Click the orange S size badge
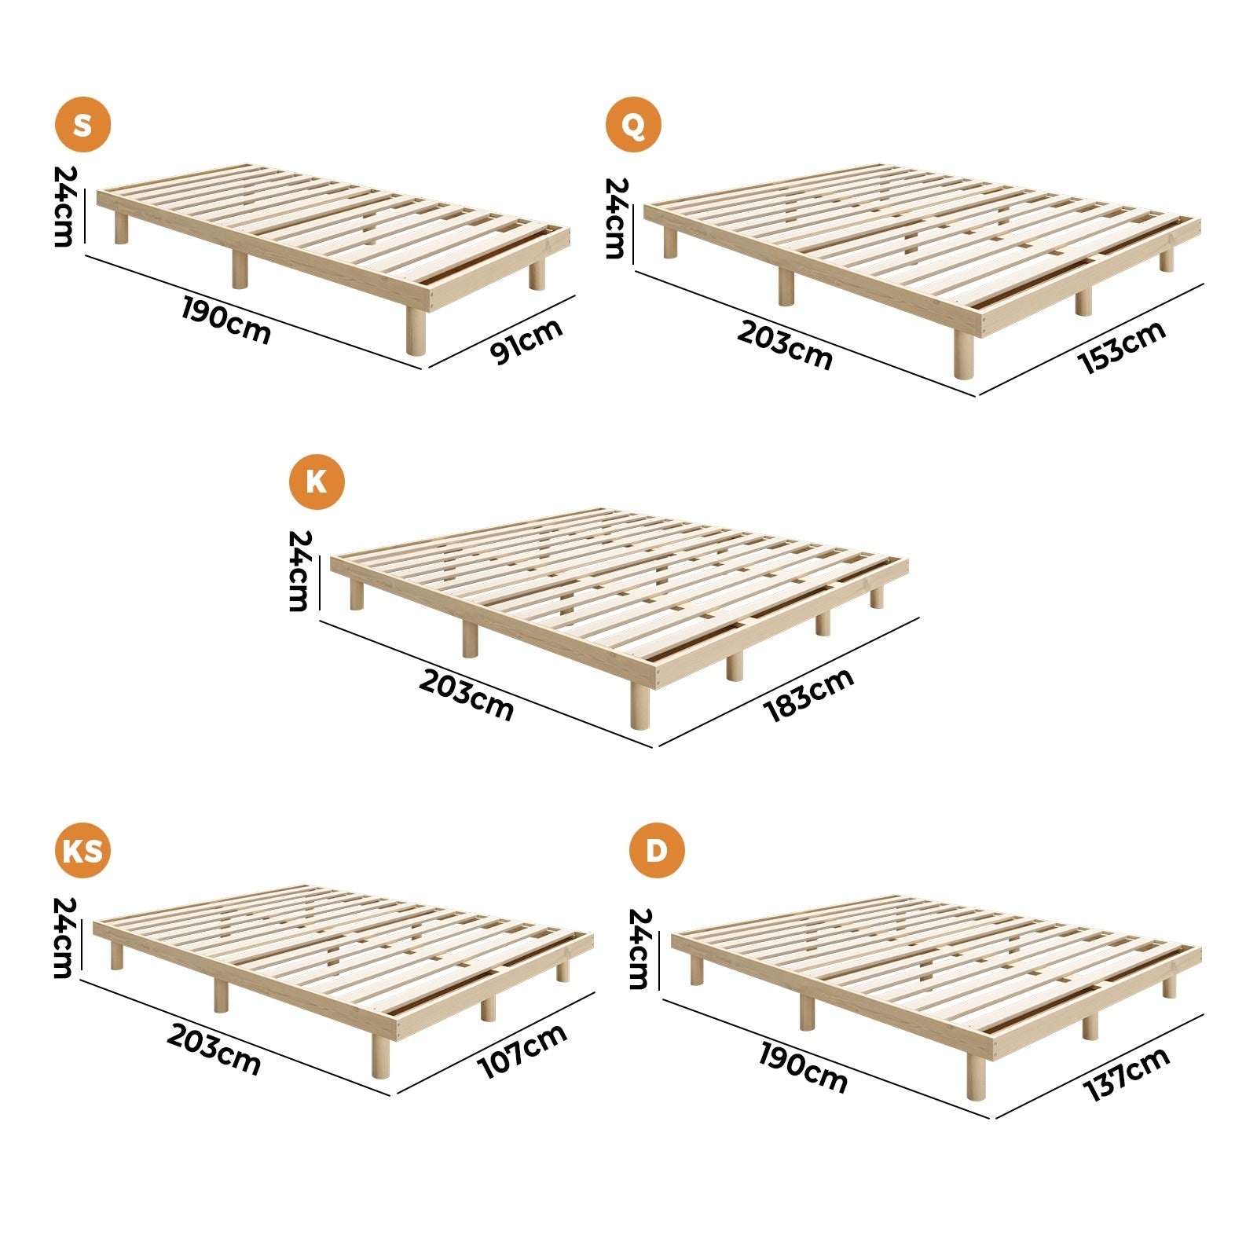[x=82, y=124]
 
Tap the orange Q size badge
[x=633, y=124]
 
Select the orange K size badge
[x=317, y=481]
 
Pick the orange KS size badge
[x=82, y=851]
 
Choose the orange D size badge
[x=657, y=851]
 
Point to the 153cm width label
[x=1123, y=346]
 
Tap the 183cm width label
[x=808, y=694]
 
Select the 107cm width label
[x=522, y=1050]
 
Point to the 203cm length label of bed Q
[x=784, y=346]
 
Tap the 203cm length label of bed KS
[x=214, y=1050]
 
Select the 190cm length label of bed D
[x=803, y=1068]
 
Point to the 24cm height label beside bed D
[x=639, y=948]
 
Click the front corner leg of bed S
[x=416, y=330]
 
